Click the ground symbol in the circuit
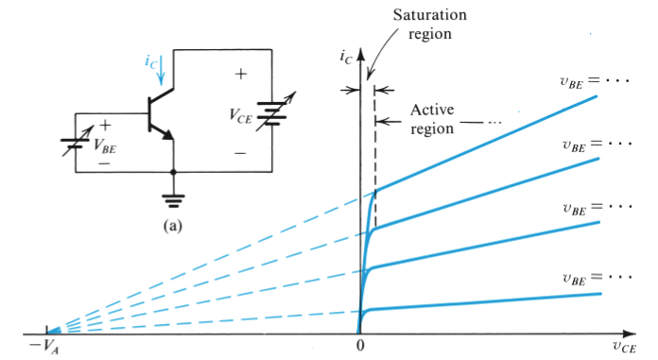pos(174,199)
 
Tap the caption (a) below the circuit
pos(173,227)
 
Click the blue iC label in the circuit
pos(151,62)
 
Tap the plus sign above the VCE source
pos(240,74)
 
